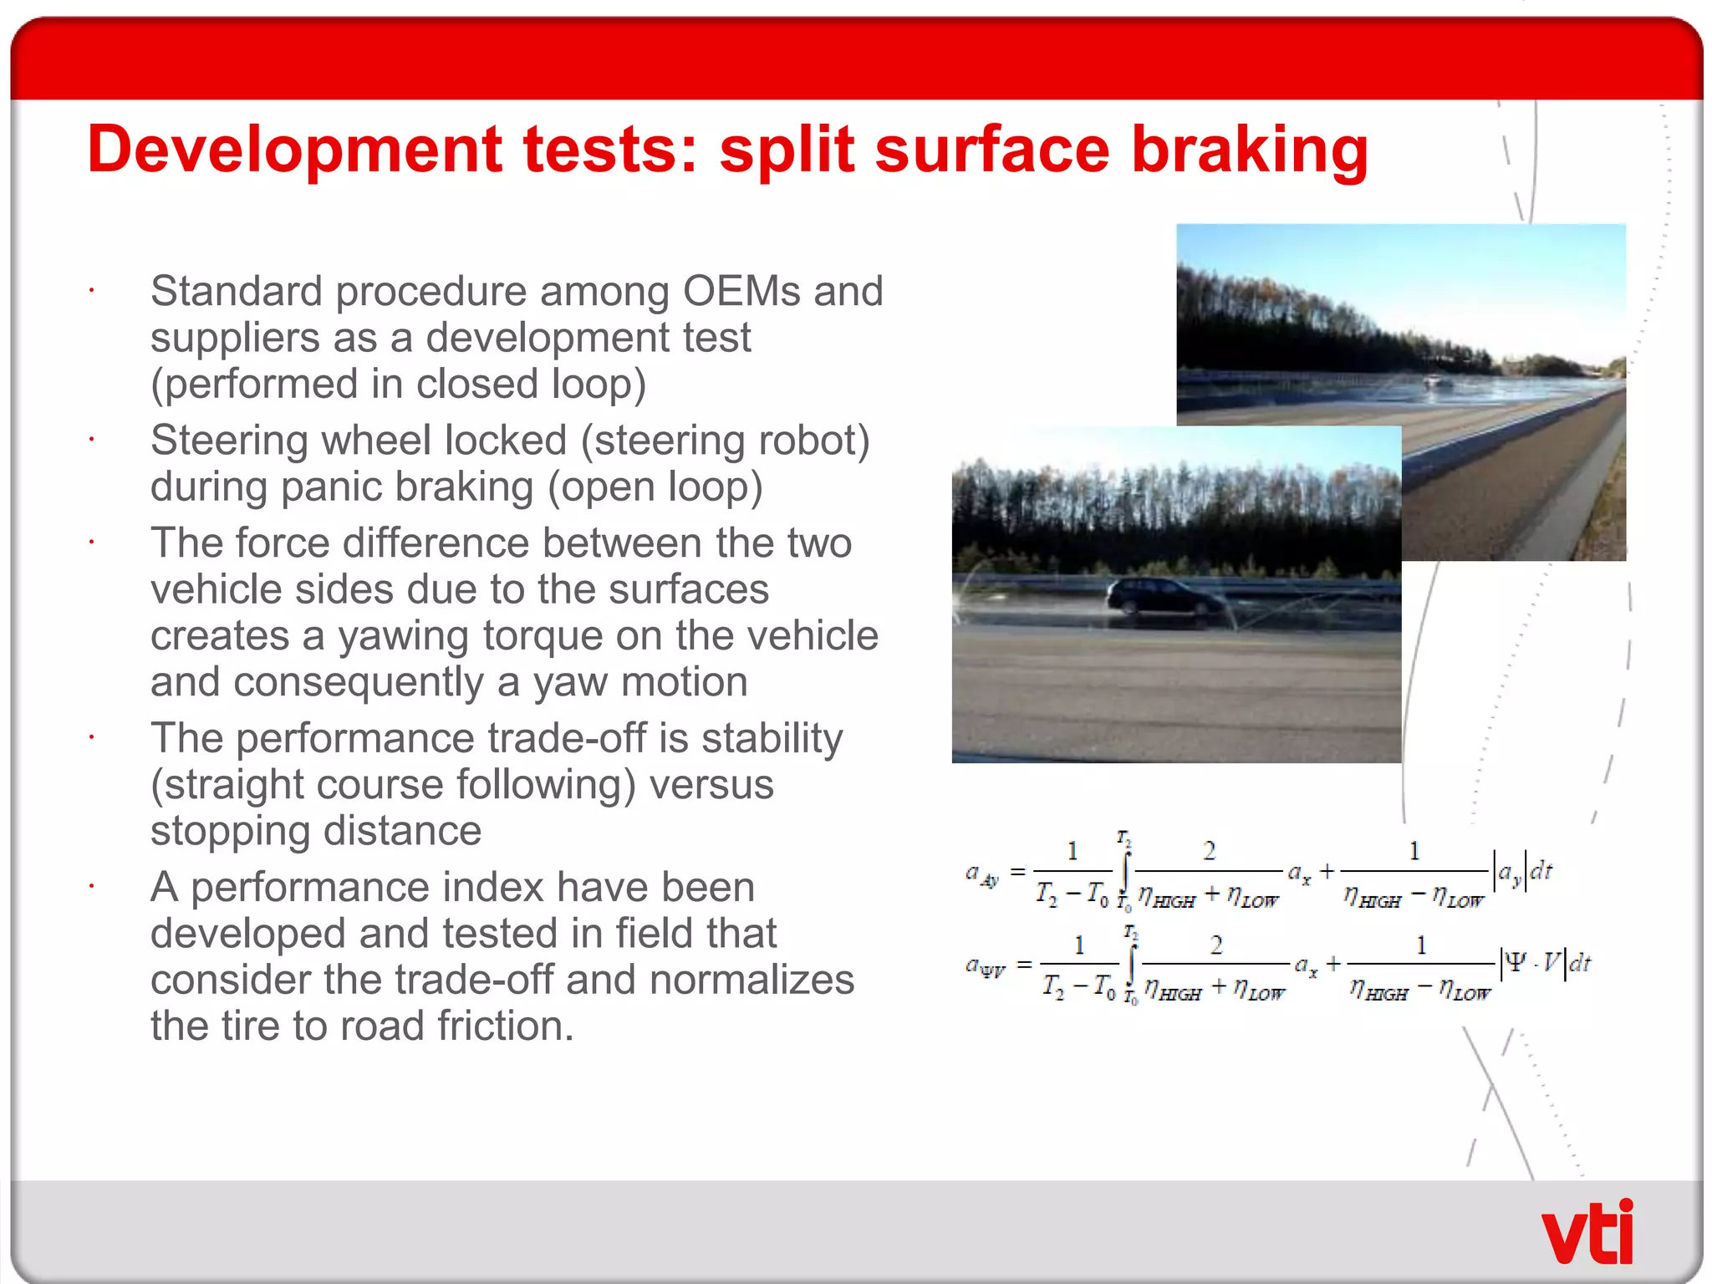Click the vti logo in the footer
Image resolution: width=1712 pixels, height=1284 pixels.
point(1586,1232)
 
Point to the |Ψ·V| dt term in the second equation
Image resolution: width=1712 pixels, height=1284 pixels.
point(1546,963)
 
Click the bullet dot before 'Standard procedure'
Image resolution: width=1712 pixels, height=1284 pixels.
point(92,292)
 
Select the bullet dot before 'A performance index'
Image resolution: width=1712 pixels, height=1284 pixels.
point(92,887)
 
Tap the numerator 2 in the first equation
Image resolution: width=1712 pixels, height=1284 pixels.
point(1209,851)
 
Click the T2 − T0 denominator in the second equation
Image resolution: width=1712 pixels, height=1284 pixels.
point(1078,987)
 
